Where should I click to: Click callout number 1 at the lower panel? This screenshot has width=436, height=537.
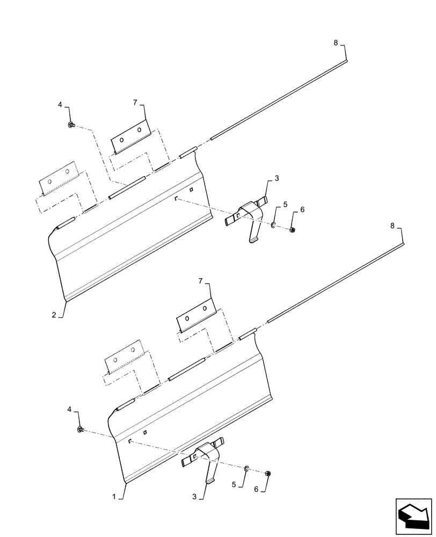[114, 498]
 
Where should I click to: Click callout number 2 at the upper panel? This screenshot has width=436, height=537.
[54, 315]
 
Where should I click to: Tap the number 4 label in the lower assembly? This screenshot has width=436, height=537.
[69, 410]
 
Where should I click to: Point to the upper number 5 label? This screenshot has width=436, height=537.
[285, 205]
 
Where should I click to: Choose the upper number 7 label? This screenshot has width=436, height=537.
[135, 101]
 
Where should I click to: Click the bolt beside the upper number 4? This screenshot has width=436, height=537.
[71, 125]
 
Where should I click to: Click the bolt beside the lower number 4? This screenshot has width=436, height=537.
[80, 429]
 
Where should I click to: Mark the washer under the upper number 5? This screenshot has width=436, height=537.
[274, 226]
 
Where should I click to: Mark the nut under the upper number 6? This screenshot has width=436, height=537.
[292, 230]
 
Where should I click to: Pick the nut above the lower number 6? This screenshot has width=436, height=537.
[268, 473]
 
